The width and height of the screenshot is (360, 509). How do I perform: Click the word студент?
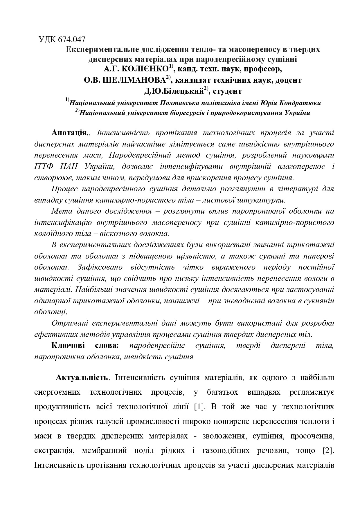click(227, 91)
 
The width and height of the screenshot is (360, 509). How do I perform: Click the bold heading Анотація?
click(70, 133)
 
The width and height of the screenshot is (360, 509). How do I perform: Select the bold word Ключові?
click(68, 345)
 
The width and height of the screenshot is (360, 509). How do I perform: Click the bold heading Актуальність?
click(82, 378)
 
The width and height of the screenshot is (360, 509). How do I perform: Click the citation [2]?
click(328, 451)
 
